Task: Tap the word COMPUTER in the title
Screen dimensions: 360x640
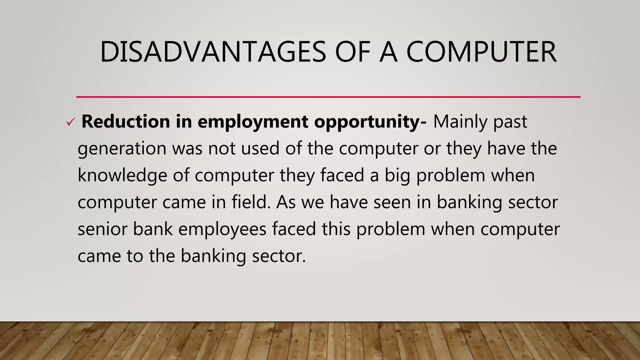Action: [481, 52]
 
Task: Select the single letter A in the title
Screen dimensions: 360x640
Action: [388, 52]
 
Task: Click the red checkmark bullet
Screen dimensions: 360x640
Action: [70, 122]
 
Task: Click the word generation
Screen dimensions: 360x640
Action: [122, 149]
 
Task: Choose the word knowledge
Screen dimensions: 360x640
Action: [122, 176]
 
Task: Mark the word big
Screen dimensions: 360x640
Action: [397, 176]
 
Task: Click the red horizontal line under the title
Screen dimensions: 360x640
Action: [328, 97]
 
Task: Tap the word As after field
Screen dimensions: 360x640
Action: [286, 202]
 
